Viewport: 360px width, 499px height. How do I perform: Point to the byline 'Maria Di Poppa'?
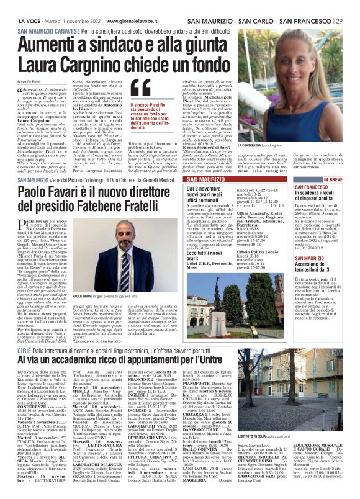point(29,83)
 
